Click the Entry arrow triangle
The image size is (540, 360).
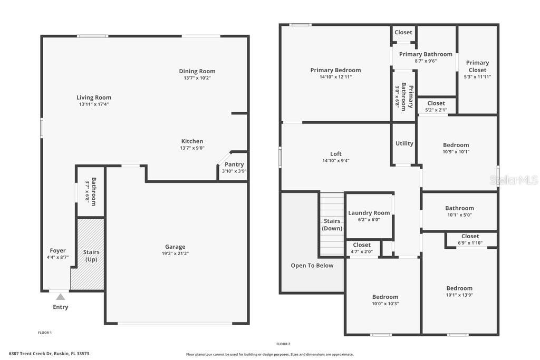tap(61, 297)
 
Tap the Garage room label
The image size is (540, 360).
tap(175, 247)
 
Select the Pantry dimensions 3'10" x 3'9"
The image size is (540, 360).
tap(234, 171)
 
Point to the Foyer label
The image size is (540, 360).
tap(58, 251)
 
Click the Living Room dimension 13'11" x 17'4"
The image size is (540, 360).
tap(94, 104)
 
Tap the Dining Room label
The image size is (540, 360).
tap(197, 71)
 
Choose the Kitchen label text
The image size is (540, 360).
tap(192, 141)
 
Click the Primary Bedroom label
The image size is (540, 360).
tap(335, 70)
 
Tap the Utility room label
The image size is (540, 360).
tap(404, 143)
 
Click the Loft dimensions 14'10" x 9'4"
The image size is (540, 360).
tap(336, 161)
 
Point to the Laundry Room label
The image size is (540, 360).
tap(369, 213)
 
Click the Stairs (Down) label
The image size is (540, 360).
tap(332, 225)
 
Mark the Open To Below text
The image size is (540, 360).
tap(312, 266)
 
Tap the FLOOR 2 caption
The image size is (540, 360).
tap(283, 344)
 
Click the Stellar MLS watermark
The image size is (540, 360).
tap(514, 180)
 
